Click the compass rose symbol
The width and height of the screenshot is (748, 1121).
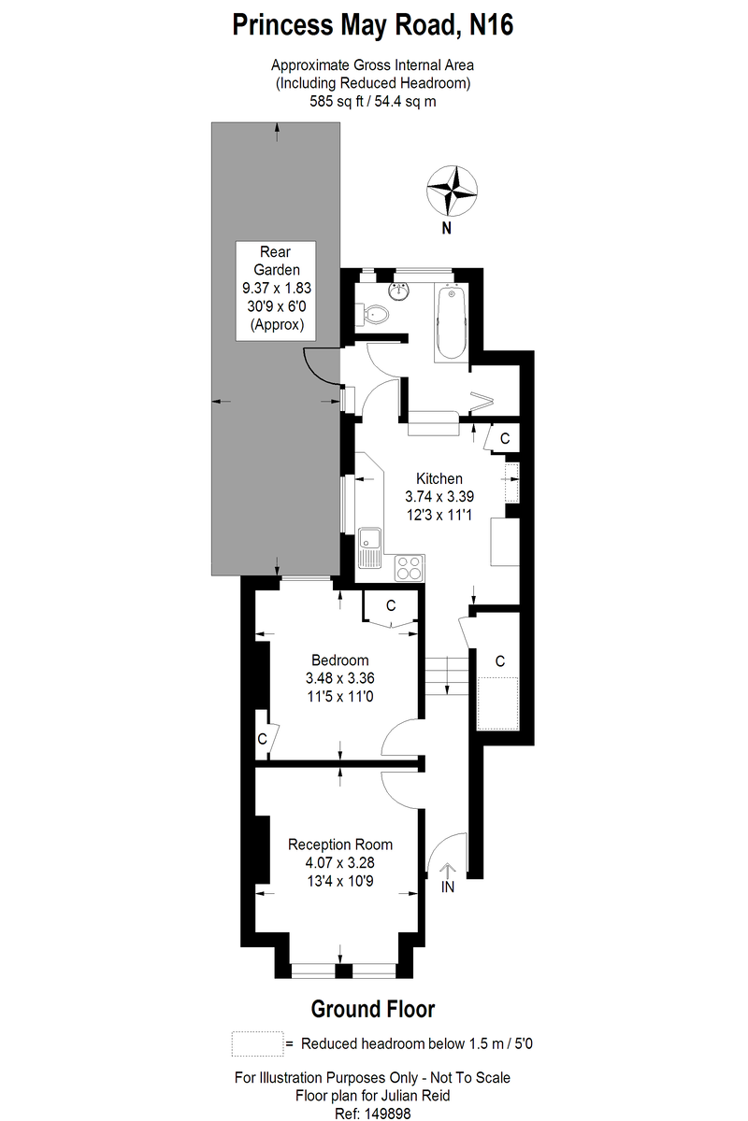coord(452,191)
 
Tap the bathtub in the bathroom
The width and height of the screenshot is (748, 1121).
coord(452,321)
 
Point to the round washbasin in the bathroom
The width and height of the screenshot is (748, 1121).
coord(399,291)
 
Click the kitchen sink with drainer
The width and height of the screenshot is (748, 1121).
coord(369,547)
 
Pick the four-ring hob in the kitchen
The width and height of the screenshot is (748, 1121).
coord(409,568)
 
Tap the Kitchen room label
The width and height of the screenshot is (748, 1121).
coord(439,479)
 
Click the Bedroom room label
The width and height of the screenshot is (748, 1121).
coord(339,660)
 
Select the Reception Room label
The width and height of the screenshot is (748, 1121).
coord(340,844)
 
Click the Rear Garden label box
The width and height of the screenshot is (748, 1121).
coord(276,291)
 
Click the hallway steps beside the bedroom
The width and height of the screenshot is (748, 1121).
coord(446,675)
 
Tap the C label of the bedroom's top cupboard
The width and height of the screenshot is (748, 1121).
coord(391,606)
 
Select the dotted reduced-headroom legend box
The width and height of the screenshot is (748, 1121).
coord(257,1043)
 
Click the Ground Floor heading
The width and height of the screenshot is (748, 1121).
coord(373,1010)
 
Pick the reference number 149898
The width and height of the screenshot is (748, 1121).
coord(388,1114)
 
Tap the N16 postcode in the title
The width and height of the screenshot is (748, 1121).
coord(492,24)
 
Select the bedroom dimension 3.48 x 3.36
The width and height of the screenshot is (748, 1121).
coord(340,678)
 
